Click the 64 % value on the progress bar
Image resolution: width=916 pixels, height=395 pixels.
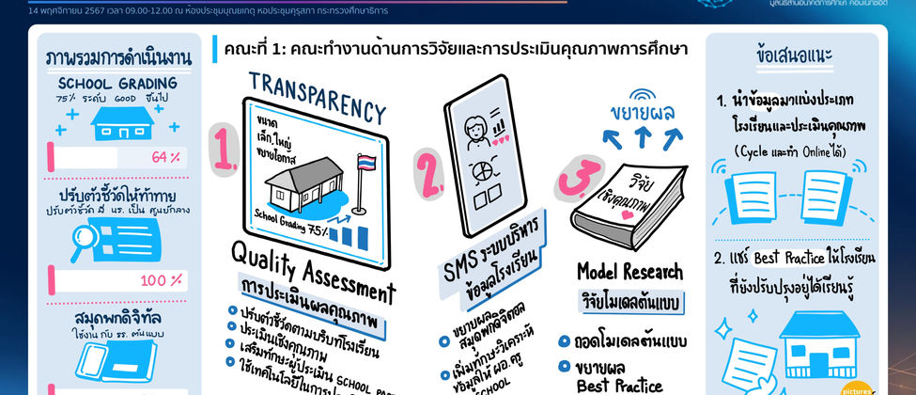coord(165,156)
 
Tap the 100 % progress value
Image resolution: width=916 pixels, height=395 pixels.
coord(162,280)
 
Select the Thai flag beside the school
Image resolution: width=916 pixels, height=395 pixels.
coord(367,169)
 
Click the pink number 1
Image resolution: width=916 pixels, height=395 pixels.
coord(224,150)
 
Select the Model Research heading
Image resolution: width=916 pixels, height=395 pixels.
coord(629,272)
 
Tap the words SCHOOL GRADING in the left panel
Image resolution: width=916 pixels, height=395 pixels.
coord(118,82)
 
